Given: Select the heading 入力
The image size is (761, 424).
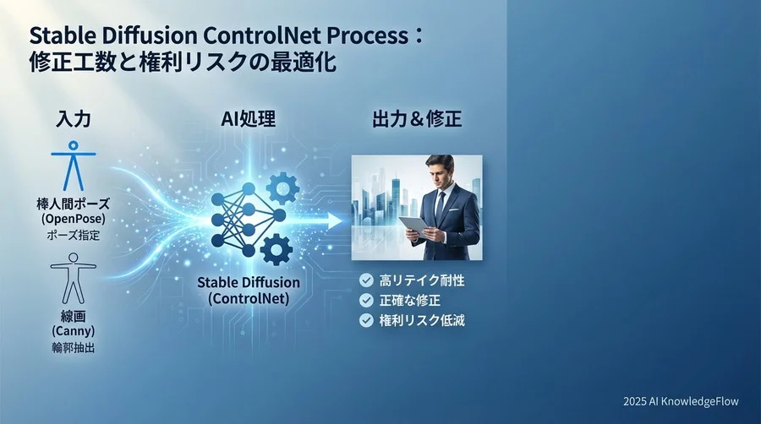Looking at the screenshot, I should tap(62, 119).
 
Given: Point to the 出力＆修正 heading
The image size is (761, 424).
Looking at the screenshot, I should tap(417, 119).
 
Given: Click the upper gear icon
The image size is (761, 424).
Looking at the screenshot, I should tap(282, 188).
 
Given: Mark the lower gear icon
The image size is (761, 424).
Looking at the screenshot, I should tap(276, 250).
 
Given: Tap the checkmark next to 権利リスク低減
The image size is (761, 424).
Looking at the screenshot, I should tap(366, 321).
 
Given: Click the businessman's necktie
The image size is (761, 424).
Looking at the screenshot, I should tap(440, 206).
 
